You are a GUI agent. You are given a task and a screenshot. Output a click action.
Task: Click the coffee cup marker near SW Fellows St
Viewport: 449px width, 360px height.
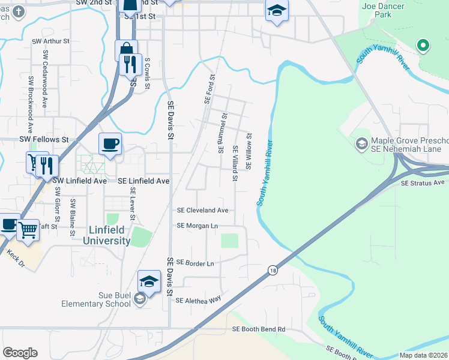pos(110,144)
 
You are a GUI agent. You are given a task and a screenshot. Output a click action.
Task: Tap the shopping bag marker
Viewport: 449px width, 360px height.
pos(127,50)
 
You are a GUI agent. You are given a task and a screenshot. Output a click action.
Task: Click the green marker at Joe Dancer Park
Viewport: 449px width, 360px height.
pos(423,45)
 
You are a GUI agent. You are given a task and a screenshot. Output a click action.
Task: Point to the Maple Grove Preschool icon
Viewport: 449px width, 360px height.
pos(362,143)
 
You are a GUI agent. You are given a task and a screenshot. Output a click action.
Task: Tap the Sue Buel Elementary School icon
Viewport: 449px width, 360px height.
pos(139,299)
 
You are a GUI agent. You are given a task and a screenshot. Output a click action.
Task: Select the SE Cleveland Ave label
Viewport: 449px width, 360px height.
pos(202,211)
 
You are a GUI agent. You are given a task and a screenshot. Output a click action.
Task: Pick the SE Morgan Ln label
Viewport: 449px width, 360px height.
pos(197,226)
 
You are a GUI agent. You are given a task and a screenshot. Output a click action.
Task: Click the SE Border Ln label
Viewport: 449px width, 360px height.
pos(195,263)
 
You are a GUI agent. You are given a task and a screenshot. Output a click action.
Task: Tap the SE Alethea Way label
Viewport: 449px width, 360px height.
pos(198,299)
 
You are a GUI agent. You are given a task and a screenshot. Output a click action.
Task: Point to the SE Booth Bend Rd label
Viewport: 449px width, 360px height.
pos(259,329)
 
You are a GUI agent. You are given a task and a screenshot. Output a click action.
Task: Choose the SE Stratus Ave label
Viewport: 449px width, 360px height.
pos(423,182)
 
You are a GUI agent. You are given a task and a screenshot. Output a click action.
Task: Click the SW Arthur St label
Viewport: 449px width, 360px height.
pos(51,41)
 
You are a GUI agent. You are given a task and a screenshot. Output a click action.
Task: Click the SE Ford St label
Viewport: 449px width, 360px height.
pos(209,89)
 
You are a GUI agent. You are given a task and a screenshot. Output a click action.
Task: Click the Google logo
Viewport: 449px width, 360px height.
pos(20,353)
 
